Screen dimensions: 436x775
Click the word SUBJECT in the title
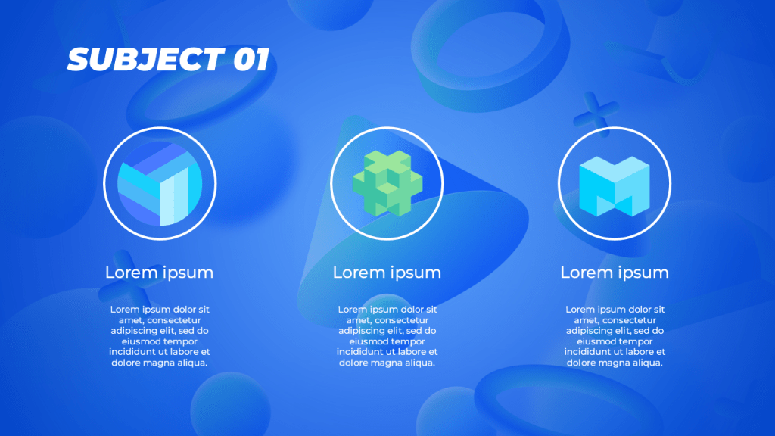[x=145, y=59]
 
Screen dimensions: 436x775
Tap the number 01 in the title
[x=251, y=59]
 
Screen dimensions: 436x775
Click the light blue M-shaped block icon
[x=614, y=186]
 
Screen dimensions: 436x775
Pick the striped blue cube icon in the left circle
[x=160, y=183]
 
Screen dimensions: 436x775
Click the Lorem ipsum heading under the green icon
[x=387, y=272]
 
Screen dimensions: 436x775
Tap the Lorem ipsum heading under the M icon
[x=615, y=272]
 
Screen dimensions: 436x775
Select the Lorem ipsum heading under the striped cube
[x=159, y=272]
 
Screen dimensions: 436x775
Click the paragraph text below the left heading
[x=160, y=336]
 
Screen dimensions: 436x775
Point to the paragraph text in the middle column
[x=387, y=336]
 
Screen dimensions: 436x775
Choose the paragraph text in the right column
[x=615, y=336]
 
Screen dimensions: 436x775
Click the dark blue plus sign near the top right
[x=596, y=114]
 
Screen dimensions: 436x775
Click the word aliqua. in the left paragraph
[x=189, y=363]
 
